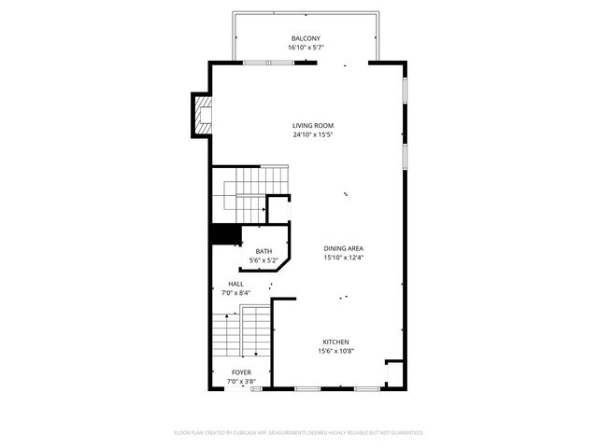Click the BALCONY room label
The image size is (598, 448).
tap(306, 38)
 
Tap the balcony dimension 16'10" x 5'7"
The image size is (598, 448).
tap(306, 47)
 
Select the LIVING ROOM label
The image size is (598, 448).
tap(312, 125)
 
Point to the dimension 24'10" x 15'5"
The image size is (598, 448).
tap(312, 134)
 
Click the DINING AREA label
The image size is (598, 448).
tap(343, 248)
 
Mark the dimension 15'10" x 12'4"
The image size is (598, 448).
tap(343, 258)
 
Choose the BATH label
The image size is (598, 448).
tap(263, 250)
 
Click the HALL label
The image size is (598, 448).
tap(236, 284)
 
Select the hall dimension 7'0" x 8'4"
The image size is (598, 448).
tap(238, 292)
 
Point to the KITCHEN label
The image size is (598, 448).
tap(336, 342)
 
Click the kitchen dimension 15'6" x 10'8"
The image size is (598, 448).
tap(336, 351)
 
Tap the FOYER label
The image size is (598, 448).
tap(241, 372)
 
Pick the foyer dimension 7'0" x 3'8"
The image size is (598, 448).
tap(241, 381)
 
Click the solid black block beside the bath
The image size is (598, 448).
tap(224, 235)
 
